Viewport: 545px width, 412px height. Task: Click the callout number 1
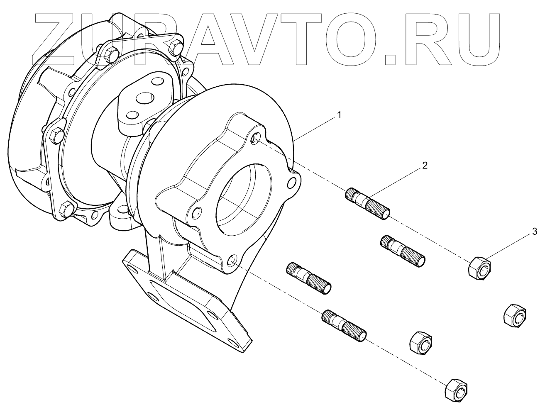(x=339, y=115)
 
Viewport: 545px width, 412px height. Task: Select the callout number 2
(x=424, y=165)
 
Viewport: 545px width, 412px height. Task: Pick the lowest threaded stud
(x=345, y=324)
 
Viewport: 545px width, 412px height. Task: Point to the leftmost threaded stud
(x=309, y=278)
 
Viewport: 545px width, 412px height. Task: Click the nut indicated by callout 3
(x=480, y=268)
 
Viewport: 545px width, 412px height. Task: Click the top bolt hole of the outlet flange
(x=256, y=139)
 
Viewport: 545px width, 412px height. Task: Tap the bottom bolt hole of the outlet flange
(x=232, y=261)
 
